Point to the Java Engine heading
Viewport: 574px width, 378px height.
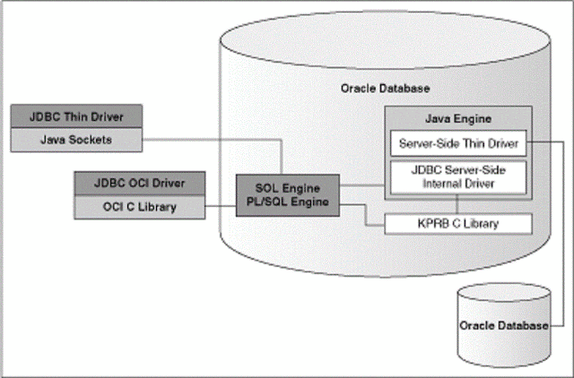tap(457, 117)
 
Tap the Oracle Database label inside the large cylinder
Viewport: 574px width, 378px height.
tap(386, 89)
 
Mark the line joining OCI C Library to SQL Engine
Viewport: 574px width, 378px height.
tap(221, 208)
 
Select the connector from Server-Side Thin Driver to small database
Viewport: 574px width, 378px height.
tap(562, 233)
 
